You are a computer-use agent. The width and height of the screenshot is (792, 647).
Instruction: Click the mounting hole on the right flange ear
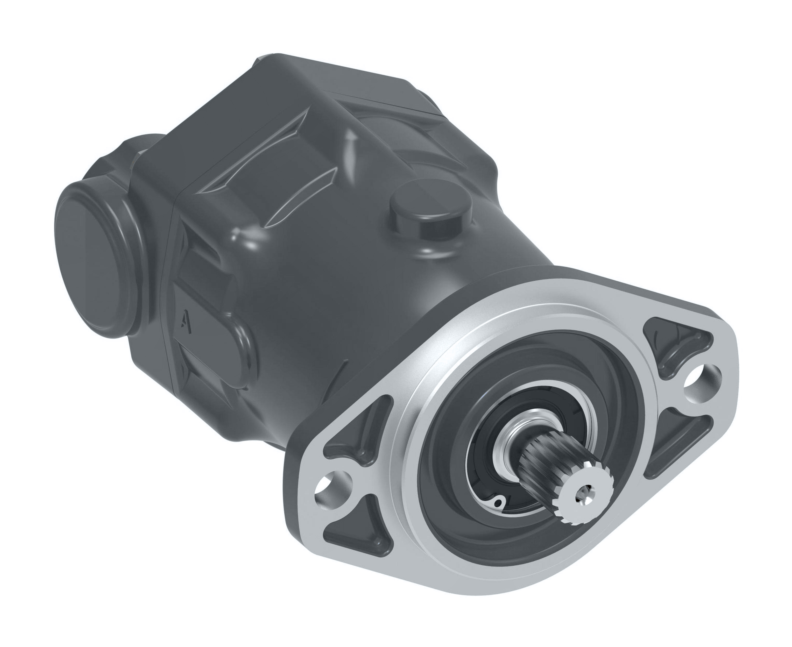point(694,384)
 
